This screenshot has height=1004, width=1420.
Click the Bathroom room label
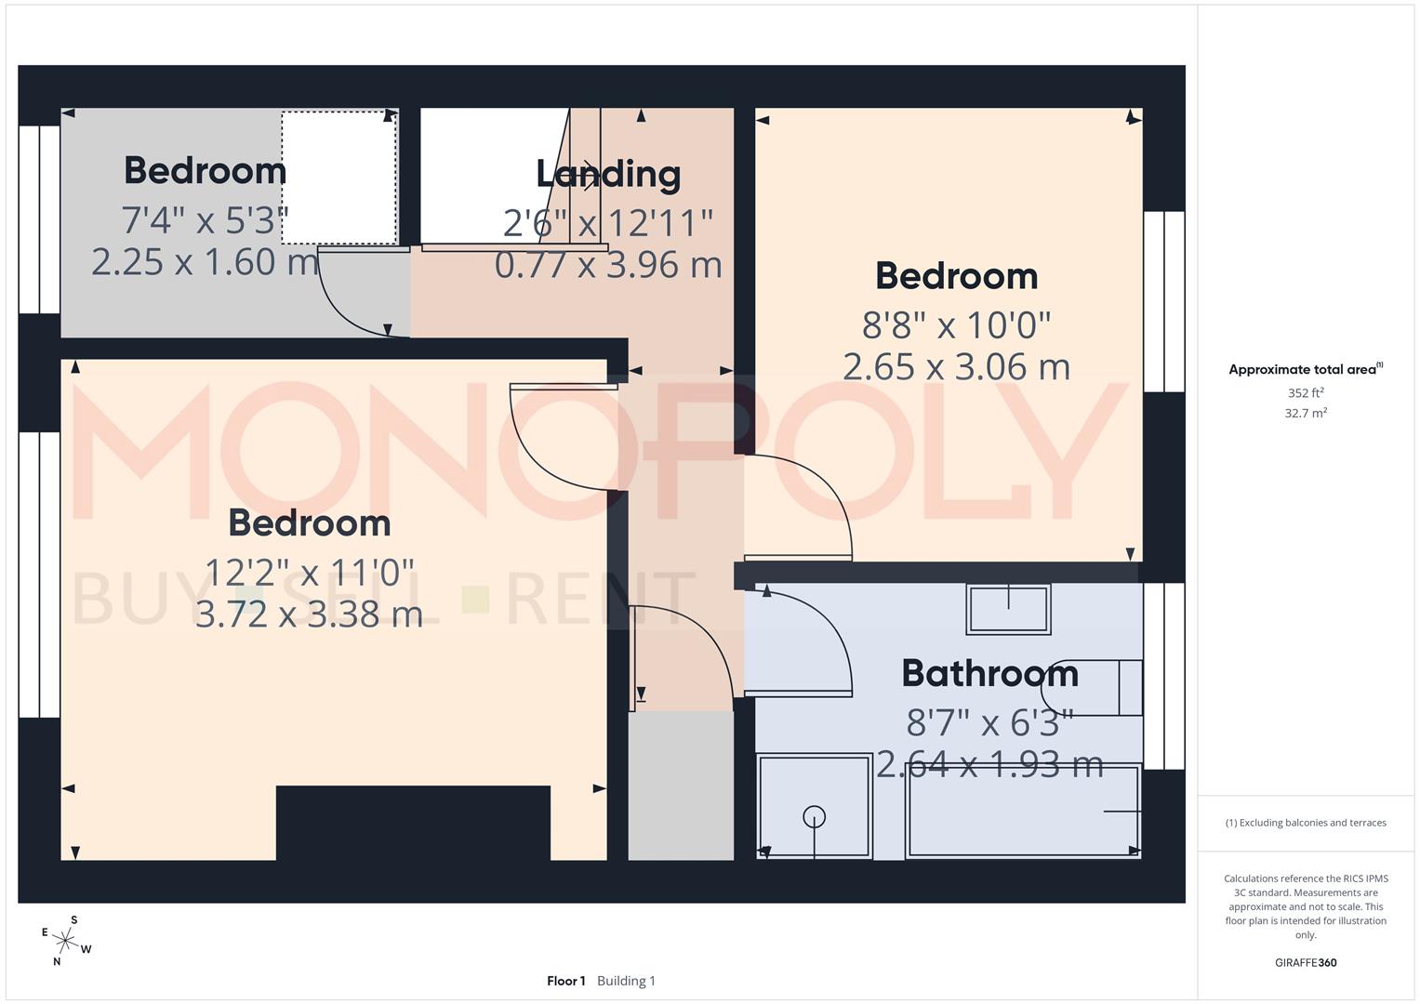pos(989,673)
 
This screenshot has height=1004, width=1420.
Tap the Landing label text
pos(608,174)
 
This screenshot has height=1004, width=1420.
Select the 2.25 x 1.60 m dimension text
pos(205,262)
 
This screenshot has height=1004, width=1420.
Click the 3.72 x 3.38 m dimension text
pos(309,614)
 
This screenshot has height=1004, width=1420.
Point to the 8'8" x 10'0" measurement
pos(956,324)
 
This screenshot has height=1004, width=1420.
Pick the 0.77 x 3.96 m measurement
pos(608,265)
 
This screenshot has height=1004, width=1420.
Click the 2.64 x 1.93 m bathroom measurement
pos(989,764)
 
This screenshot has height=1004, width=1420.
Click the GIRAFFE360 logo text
pos(1305,962)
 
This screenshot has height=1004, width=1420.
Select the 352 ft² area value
pos(1306,393)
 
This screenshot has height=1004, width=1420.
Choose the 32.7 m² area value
pos(1306,413)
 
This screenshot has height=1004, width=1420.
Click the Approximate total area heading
pos(1305,369)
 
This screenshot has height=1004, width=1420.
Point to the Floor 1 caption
pos(565,981)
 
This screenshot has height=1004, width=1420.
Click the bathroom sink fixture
pos(1008,610)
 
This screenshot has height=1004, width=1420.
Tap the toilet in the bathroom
pos(1093,687)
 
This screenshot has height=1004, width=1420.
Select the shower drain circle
pos(815,817)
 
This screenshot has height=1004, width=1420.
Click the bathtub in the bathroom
pos(1023,811)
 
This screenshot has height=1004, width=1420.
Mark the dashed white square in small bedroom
pos(339,178)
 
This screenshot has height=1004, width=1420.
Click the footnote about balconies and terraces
pos(1305,823)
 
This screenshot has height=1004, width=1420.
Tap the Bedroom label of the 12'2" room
pos(309,523)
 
